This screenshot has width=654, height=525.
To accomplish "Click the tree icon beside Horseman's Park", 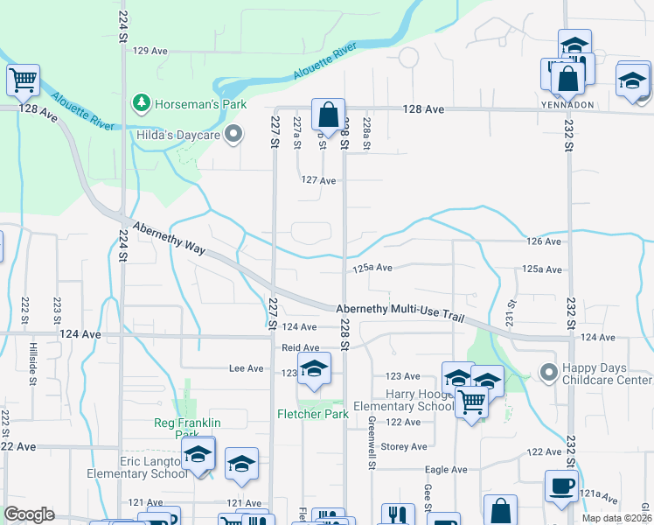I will pyautogui.click(x=141, y=104).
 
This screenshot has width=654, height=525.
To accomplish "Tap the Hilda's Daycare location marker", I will pyautogui.click(x=233, y=134).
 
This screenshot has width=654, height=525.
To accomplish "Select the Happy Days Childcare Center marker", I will pyautogui.click(x=549, y=373).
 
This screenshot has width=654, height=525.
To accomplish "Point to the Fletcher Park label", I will pyautogui.click(x=313, y=414).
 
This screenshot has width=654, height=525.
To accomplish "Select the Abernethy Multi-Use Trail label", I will pyautogui.click(x=400, y=312).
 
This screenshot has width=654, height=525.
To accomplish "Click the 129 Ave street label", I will pyautogui.click(x=150, y=51).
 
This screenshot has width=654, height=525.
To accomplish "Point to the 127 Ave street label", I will pyautogui.click(x=318, y=180).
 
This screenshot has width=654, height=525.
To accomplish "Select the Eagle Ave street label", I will pyautogui.click(x=446, y=470).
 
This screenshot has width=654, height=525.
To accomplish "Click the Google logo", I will pyautogui.click(x=29, y=514).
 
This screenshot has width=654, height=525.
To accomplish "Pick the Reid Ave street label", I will pyautogui.click(x=300, y=347).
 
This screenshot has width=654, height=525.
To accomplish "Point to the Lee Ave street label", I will pyautogui.click(x=247, y=369).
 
